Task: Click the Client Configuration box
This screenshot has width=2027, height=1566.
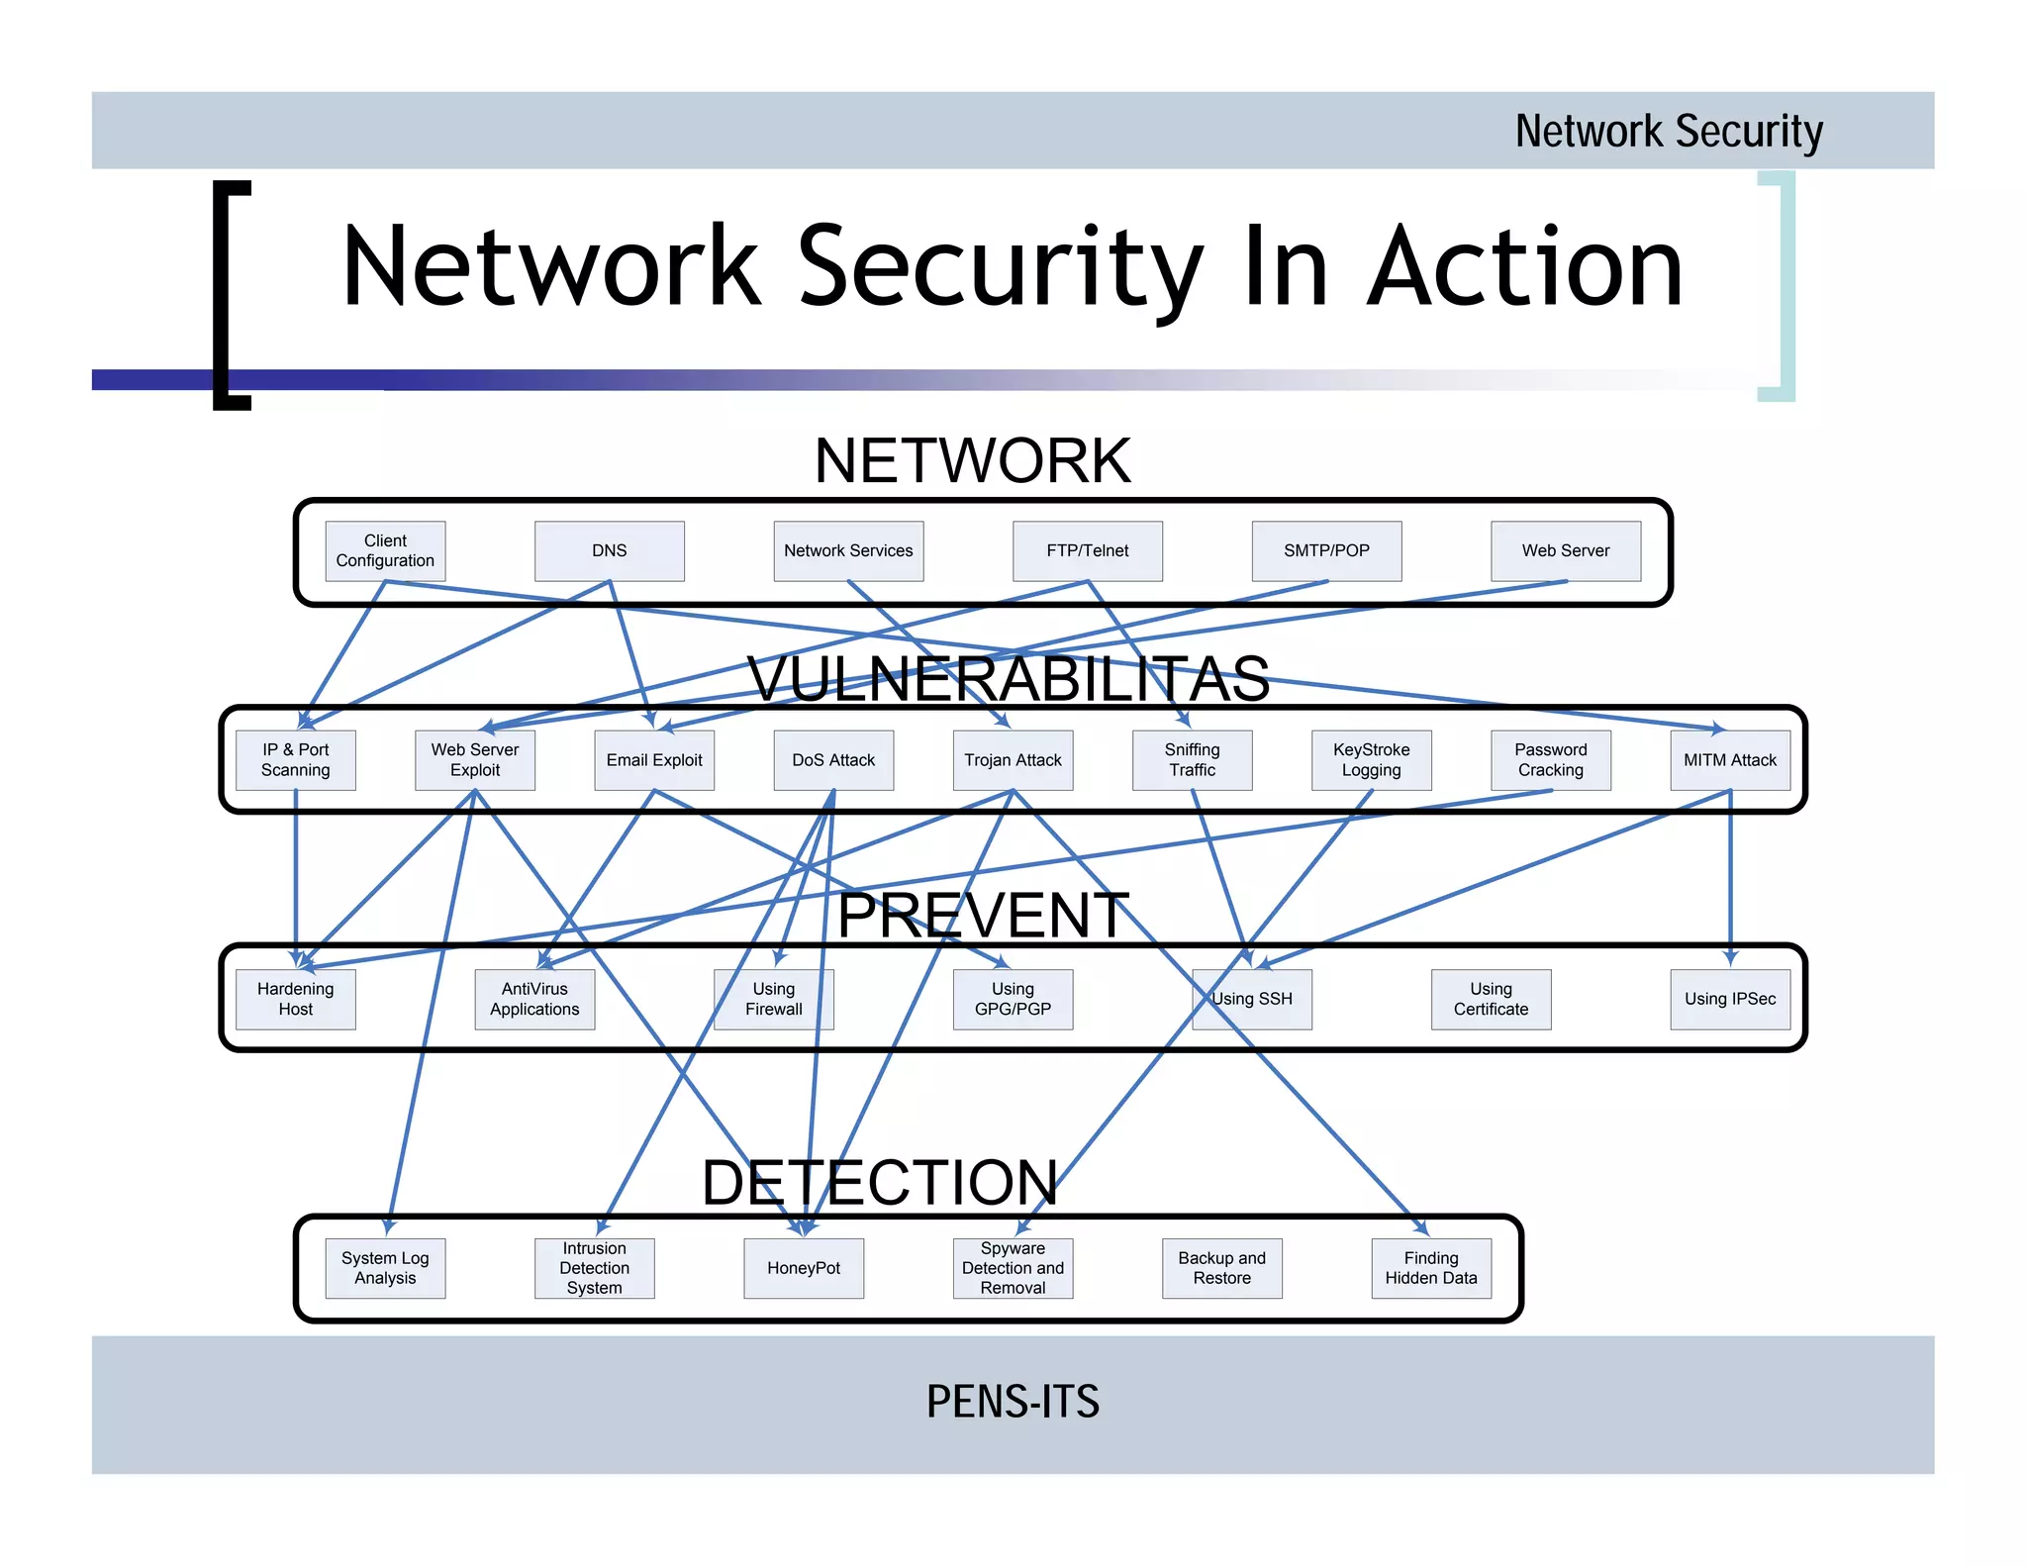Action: pyautogui.click(x=385, y=550)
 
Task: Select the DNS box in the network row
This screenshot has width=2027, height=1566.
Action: pyautogui.click(x=609, y=550)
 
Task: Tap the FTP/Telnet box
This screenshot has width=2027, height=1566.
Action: pyautogui.click(x=1087, y=550)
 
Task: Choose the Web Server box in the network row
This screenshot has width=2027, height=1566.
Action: pyautogui.click(x=1565, y=550)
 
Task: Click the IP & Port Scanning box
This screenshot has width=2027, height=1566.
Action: pyautogui.click(x=295, y=759)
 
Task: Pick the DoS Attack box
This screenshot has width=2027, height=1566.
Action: pyautogui.click(x=833, y=759)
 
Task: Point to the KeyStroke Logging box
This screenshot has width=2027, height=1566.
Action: pyautogui.click(x=1371, y=759)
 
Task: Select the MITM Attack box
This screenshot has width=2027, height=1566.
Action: pyautogui.click(x=1729, y=759)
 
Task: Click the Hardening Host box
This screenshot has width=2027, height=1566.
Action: pyautogui.click(x=295, y=999)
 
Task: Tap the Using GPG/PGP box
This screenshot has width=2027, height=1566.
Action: pyautogui.click(x=1013, y=999)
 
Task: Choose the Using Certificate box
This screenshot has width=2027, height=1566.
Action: pyautogui.click(x=1491, y=999)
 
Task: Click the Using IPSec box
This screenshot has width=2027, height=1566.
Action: pyautogui.click(x=1729, y=999)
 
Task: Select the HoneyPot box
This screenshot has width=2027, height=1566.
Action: pyautogui.click(x=803, y=1268)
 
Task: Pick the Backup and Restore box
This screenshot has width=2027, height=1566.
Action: pyautogui.click(x=1221, y=1268)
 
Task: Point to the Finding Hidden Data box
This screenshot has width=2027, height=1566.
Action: pyautogui.click(x=1430, y=1268)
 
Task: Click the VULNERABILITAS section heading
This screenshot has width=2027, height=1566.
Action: pyautogui.click(x=1008, y=679)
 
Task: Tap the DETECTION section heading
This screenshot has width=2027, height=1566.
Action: pyautogui.click(x=879, y=1182)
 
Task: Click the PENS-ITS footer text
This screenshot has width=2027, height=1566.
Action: pyautogui.click(x=1013, y=1402)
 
